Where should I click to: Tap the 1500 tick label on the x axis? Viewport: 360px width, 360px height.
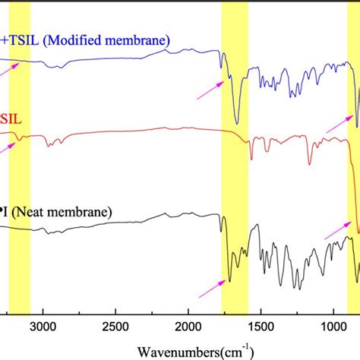tap(260, 325)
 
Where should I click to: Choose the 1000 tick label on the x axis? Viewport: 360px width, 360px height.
tap(332, 325)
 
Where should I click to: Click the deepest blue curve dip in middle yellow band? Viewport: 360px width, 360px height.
tap(237, 122)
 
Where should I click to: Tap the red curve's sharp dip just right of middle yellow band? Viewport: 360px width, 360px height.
tap(251, 159)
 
